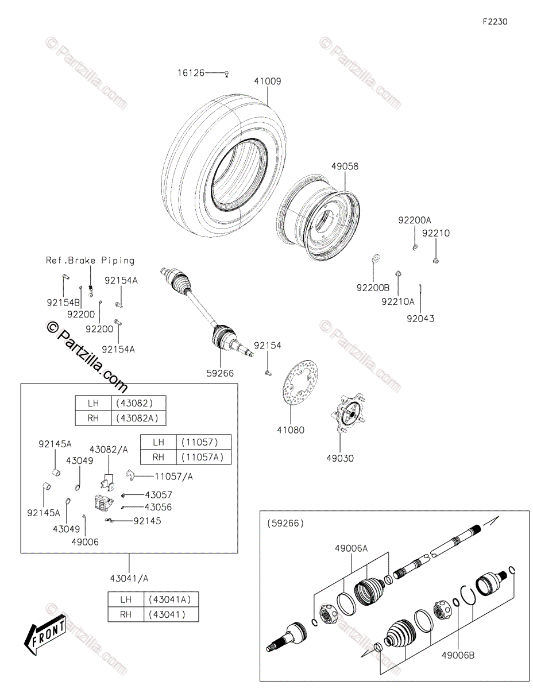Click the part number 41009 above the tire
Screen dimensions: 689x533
(268, 82)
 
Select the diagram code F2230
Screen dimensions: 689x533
(495, 22)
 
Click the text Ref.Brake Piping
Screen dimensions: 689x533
(90, 260)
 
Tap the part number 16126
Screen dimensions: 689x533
(191, 73)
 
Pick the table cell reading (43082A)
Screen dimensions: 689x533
(141, 418)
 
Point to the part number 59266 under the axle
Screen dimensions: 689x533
(221, 373)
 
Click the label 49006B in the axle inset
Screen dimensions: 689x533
(458, 655)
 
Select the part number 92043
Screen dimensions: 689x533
(420, 318)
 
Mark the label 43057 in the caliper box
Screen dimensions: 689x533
(158, 494)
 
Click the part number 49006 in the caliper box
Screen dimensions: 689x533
(85, 541)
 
